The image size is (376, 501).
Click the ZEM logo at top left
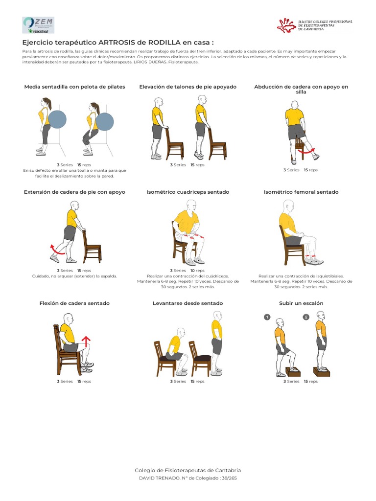[x=38, y=24]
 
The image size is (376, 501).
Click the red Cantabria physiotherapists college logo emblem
[x=286, y=25]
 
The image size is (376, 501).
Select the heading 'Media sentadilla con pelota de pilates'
[x=74, y=87]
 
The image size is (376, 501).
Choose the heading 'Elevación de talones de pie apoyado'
[x=188, y=87]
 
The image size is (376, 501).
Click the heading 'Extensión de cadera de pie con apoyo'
[x=74, y=192]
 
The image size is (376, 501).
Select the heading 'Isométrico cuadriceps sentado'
[x=188, y=192]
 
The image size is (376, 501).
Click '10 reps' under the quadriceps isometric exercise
[x=197, y=271]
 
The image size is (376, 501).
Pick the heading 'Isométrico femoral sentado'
[x=301, y=192]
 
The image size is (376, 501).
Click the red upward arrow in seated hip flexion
[x=86, y=342]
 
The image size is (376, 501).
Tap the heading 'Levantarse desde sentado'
[x=188, y=303]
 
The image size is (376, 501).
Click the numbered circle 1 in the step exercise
[x=267, y=317]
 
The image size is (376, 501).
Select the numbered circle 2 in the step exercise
[x=306, y=317]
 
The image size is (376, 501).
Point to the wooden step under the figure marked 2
[x=321, y=372]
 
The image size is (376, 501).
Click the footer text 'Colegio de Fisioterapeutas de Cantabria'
[x=188, y=470]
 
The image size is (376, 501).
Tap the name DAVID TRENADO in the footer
[x=157, y=478]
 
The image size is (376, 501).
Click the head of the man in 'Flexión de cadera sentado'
[x=68, y=319]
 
